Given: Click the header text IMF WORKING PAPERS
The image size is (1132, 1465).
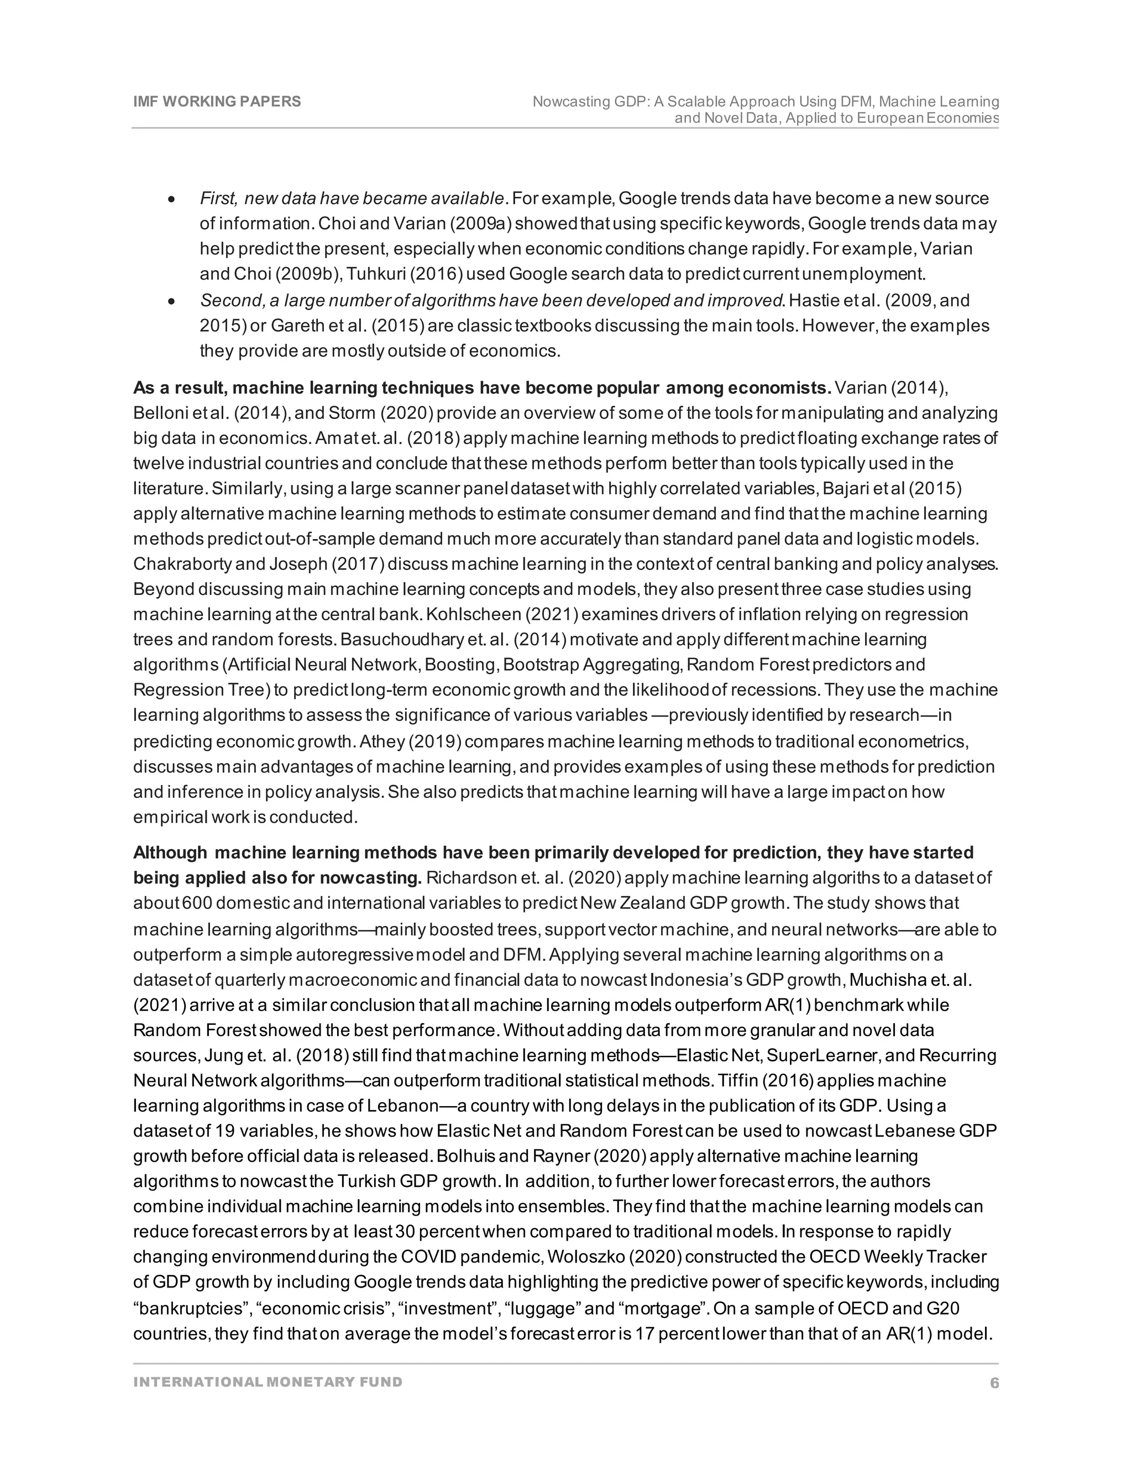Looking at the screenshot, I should (217, 101).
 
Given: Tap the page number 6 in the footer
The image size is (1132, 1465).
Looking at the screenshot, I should (994, 1383).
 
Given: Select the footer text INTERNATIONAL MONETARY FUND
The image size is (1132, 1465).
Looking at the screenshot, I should (268, 1382).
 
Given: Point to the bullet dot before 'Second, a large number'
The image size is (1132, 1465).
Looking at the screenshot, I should (172, 301).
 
